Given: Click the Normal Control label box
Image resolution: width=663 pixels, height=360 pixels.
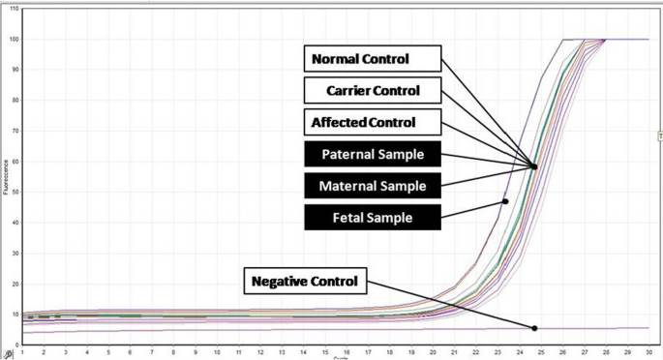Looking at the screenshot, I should coord(373,59).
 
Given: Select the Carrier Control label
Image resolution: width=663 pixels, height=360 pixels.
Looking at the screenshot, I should coord(373,91).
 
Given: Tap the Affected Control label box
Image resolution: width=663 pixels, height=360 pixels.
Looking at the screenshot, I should coord(373,123).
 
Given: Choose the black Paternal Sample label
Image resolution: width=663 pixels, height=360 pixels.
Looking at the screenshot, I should coord(373,154).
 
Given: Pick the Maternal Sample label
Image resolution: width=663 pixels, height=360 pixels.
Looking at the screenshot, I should coord(373,186).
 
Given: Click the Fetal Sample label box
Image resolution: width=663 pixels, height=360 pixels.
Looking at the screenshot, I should coord(373,218).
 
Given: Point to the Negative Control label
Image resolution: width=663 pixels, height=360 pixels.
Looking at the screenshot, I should coord(305,282).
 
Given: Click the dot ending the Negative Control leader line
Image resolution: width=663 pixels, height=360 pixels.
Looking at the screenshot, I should coord(534,328).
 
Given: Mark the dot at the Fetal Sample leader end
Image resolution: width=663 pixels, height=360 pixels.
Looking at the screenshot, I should coord(505,201).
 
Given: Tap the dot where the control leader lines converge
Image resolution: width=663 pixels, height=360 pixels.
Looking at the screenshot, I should coord(534,166).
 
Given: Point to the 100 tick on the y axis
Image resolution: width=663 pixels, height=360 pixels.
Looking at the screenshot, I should coord(13,39).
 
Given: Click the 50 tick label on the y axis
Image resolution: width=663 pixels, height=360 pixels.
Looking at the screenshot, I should coord(14,191).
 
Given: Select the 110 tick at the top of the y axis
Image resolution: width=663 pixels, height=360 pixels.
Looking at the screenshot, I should coord(13,9).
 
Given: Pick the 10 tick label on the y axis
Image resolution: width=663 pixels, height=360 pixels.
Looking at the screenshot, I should coord(14,314).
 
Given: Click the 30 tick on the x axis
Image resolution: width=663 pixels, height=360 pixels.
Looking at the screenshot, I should coord(648,351).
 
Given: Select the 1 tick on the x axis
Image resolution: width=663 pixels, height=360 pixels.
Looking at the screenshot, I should coord(21,351).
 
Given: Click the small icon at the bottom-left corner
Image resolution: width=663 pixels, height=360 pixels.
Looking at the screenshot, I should coord(7,353).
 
